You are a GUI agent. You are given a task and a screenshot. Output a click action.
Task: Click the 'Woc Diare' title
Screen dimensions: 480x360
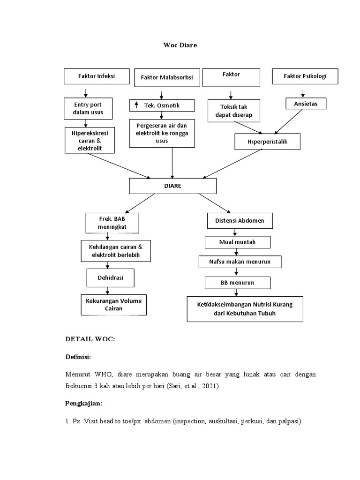pyautogui.click(x=180, y=45)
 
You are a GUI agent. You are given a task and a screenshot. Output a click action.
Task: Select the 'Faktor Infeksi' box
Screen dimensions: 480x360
pyautogui.click(x=96, y=76)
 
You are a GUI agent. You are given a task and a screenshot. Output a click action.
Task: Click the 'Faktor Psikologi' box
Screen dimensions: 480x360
pyautogui.click(x=305, y=76)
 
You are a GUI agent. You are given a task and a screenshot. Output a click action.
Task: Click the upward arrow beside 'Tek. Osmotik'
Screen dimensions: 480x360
pyautogui.click(x=136, y=105)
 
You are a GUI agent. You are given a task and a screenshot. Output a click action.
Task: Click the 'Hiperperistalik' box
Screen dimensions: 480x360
pyautogui.click(x=267, y=142)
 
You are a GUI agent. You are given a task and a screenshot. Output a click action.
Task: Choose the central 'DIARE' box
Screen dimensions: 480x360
pyautogui.click(x=172, y=186)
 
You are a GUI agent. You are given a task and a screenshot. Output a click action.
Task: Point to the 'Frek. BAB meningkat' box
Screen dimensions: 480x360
pyautogui.click(x=112, y=223)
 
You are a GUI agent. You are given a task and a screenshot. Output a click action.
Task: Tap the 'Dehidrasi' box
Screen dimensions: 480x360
pyautogui.click(x=111, y=277)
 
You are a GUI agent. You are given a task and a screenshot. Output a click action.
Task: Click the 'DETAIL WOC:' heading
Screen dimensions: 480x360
pyautogui.click(x=90, y=340)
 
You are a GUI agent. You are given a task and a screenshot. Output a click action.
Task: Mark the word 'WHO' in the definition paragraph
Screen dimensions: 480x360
pyautogui.click(x=104, y=375)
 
